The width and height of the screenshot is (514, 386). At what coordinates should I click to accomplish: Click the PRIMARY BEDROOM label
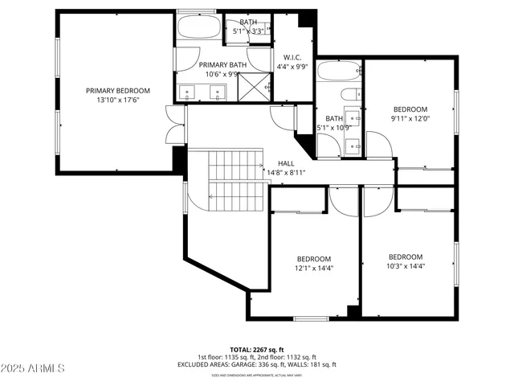click(x=118, y=91)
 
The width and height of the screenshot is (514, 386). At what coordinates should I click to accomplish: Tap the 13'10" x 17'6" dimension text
click(x=118, y=101)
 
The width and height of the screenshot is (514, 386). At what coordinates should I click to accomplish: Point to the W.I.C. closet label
click(x=291, y=57)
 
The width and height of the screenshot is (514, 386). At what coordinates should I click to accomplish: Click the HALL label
click(x=286, y=162)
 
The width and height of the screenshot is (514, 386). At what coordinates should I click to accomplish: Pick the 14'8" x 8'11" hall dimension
click(x=286, y=171)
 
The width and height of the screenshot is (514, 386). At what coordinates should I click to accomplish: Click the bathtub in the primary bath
click(x=198, y=27)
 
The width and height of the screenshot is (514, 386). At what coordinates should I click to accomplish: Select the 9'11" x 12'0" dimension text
click(x=410, y=118)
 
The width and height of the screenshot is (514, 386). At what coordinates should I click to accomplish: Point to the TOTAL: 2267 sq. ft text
click(x=257, y=350)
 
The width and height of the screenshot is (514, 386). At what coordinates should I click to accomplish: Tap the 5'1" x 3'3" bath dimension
click(x=248, y=31)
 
